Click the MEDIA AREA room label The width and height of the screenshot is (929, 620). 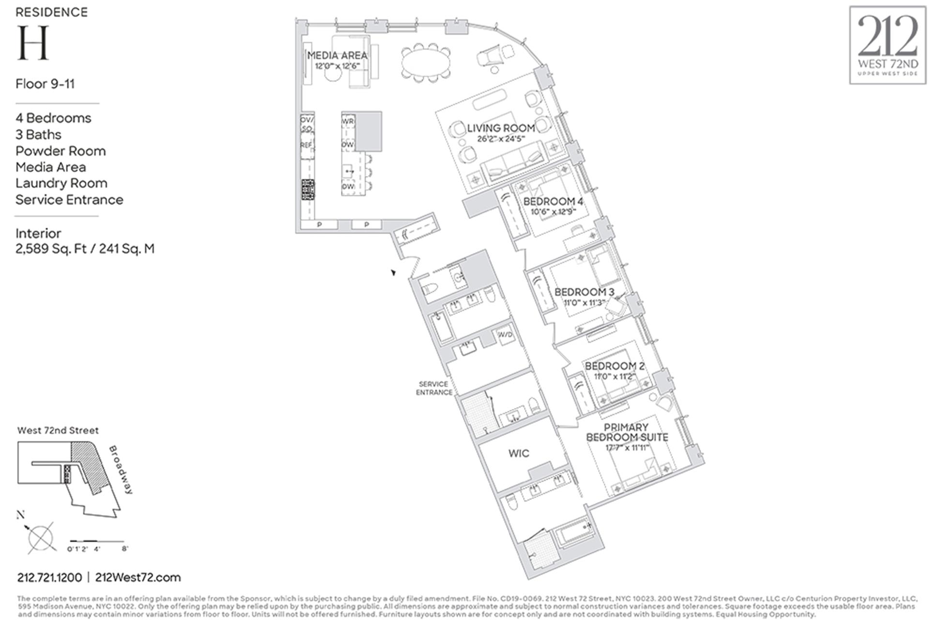tap(337, 56)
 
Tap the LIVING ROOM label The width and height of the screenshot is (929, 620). tap(501, 128)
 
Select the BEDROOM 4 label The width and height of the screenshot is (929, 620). tap(553, 201)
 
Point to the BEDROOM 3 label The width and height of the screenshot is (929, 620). tap(584, 292)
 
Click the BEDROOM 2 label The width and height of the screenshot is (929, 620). tap(614, 366)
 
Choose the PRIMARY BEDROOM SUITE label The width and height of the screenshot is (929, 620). tap(627, 432)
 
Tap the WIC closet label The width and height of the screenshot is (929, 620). tap(519, 453)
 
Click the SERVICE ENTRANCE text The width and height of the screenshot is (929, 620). tap(434, 388)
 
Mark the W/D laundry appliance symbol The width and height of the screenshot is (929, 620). tap(506, 335)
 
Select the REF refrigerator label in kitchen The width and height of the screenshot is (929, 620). tap(306, 145)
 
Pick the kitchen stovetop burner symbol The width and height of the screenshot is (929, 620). tap(308, 189)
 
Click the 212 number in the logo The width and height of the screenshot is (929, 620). tap(887, 36)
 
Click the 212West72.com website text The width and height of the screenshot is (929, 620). tap(138, 577)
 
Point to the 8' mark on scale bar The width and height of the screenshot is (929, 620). tap(124, 549)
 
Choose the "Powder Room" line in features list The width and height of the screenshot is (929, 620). tap(60, 151)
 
